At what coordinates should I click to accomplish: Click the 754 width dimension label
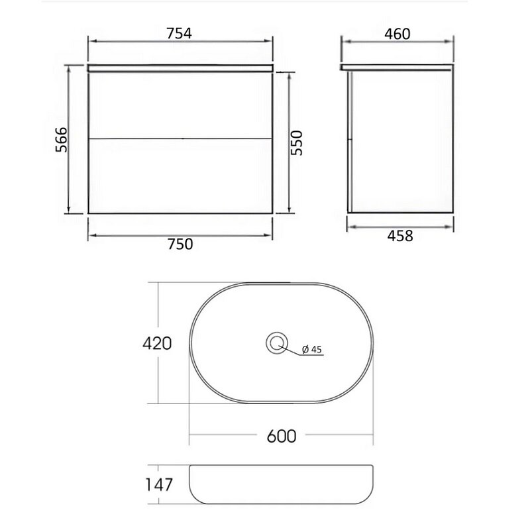click(179, 33)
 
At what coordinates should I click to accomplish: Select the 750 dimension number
click(180, 244)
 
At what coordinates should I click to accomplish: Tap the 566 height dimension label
click(62, 140)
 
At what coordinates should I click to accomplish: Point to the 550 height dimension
click(296, 142)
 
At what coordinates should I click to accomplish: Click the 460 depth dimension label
click(397, 34)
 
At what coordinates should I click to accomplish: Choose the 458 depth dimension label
click(400, 236)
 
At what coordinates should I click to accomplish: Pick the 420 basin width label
click(157, 343)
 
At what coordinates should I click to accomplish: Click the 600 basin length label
click(281, 436)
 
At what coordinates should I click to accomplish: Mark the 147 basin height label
click(159, 485)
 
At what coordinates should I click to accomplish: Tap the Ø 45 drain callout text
click(312, 349)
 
